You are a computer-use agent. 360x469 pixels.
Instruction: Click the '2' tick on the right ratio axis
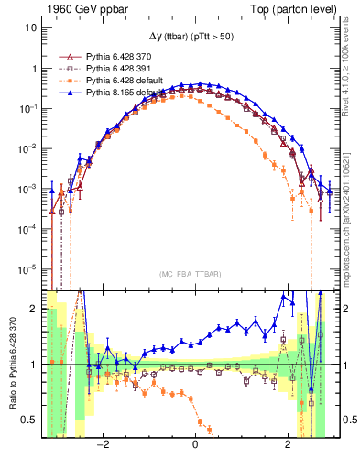pyautogui.click(x=337, y=309)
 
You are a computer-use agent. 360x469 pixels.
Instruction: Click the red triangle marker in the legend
pyautogui.click(x=65, y=56)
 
